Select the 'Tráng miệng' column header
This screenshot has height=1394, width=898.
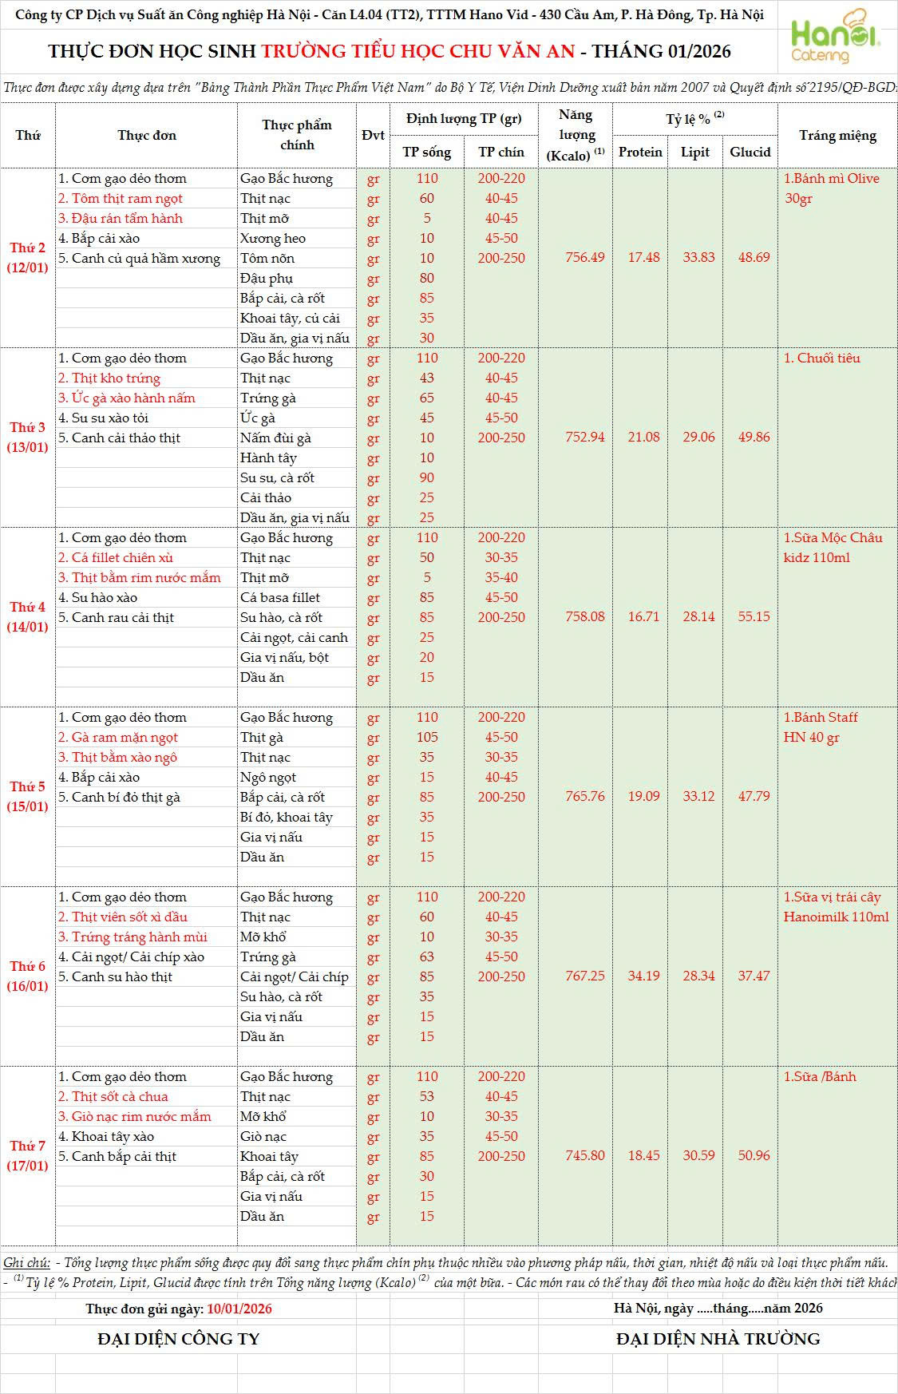(x=837, y=136)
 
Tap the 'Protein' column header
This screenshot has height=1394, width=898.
(x=640, y=152)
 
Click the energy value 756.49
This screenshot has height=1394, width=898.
(x=585, y=258)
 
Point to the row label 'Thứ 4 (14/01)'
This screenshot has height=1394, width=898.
(x=28, y=616)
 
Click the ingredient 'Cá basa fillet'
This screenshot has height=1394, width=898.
(x=280, y=598)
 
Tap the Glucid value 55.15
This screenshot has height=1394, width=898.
(x=754, y=617)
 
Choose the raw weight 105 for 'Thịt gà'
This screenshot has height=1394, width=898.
(x=427, y=738)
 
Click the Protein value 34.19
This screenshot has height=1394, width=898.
(x=643, y=976)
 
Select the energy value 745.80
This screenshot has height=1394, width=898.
(x=585, y=1156)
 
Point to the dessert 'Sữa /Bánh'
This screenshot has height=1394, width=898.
(x=820, y=1077)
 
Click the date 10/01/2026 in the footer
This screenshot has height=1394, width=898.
(x=239, y=1309)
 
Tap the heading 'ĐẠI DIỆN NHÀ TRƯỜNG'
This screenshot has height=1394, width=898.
(x=718, y=1339)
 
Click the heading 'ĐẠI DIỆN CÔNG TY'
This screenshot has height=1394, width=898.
(x=178, y=1339)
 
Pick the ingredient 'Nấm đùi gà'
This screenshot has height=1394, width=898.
(x=275, y=438)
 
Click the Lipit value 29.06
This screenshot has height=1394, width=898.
(x=698, y=438)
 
